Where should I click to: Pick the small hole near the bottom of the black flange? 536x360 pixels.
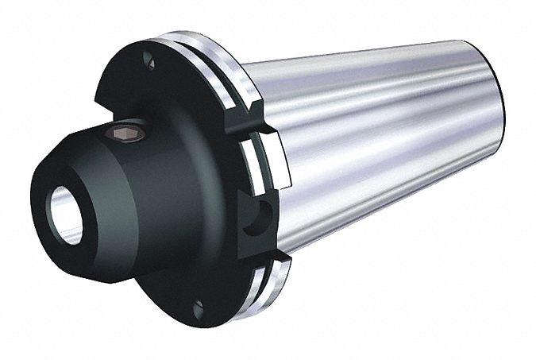click(199, 305)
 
